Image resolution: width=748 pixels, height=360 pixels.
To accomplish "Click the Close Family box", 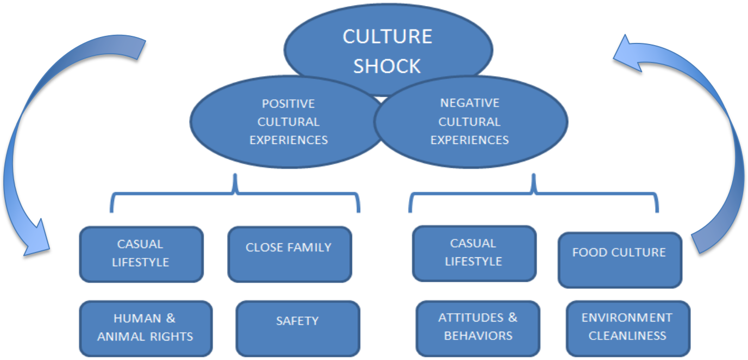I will coord(289,254).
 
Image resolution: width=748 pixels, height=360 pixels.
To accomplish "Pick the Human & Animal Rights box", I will coord(145,328).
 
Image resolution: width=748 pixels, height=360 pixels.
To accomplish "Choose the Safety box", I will coord(297,328).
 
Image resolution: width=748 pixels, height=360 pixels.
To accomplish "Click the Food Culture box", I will coord(619,260).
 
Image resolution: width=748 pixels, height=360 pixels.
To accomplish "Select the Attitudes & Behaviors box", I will coord(478,328).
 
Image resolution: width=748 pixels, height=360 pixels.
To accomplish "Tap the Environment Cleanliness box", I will coord(627,328).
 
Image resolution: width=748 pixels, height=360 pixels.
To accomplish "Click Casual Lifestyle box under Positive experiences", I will coord(141,254).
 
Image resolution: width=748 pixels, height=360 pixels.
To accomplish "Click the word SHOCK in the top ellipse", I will coord(387,66).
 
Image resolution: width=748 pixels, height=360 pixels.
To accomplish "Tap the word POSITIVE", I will coord(288,104).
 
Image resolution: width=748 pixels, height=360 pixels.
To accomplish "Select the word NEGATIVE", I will coord(470,103).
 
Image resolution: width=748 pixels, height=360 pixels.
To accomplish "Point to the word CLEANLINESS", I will coord(627,336).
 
